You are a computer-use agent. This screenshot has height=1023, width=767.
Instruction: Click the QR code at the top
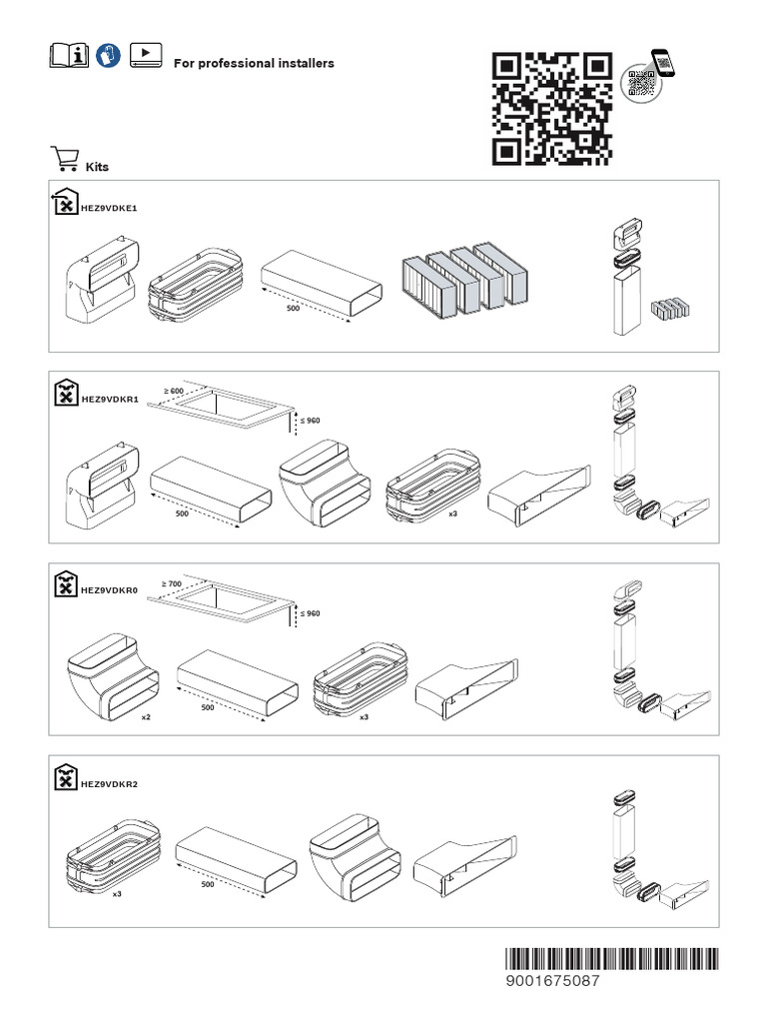pyautogui.click(x=552, y=108)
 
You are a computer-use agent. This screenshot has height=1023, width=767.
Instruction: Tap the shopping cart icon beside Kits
pyautogui.click(x=64, y=160)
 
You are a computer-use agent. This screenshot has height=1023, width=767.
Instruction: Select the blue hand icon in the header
pyautogui.click(x=110, y=56)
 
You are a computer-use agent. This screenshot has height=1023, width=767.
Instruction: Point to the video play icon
pyautogui.click(x=146, y=56)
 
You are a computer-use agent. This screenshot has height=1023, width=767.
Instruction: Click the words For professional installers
pyautogui.click(x=254, y=63)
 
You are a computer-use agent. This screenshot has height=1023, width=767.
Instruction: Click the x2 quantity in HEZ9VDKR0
pyautogui.click(x=146, y=717)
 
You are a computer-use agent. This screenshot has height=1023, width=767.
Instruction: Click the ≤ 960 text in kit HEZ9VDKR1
pyautogui.click(x=311, y=421)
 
